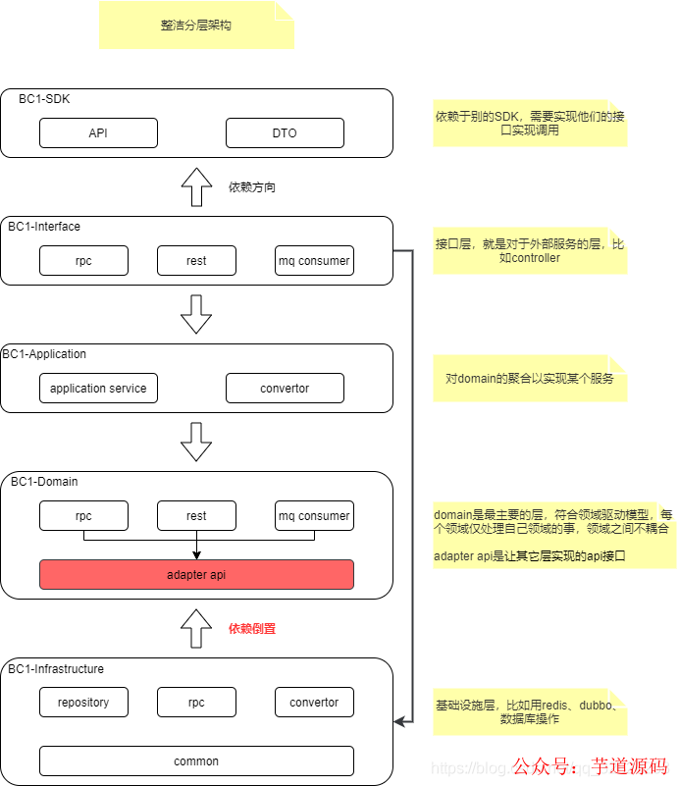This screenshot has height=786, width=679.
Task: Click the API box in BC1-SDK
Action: [98, 133]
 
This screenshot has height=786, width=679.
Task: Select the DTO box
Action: [285, 133]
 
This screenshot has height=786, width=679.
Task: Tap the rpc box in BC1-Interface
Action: [83, 261]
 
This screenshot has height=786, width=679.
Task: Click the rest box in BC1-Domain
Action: [196, 516]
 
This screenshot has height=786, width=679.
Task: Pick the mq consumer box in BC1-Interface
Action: [314, 261]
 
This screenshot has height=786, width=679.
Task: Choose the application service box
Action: [98, 389]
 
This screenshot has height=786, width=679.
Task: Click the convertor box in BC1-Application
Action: [285, 389]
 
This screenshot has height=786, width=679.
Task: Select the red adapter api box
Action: [196, 575]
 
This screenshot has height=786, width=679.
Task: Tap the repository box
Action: [83, 703]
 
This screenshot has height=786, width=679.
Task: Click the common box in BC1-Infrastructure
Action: [196, 761]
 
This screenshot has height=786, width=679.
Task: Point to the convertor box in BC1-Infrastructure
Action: [314, 703]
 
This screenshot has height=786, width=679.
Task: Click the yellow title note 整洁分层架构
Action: [196, 26]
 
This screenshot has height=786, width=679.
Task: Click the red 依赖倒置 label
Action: [252, 629]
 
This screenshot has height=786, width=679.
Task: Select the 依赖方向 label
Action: [252, 186]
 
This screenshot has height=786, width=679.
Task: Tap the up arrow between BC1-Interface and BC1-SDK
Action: [196, 186]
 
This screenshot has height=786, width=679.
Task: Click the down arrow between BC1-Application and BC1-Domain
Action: [196, 442]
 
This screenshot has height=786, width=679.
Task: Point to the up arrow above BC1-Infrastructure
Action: [196, 628]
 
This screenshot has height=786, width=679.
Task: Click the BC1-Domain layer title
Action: [44, 482]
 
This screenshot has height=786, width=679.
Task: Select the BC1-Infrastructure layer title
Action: [56, 669]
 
